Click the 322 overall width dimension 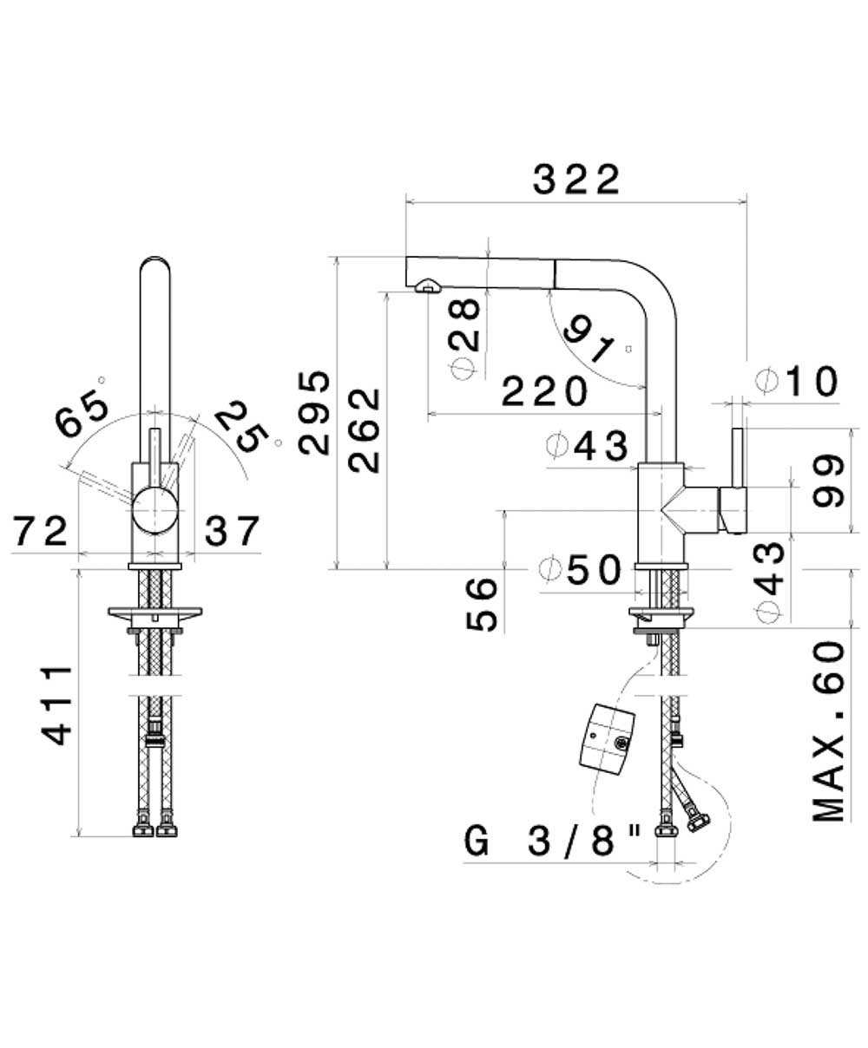pyautogui.click(x=576, y=180)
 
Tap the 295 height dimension pyautogui.click(x=314, y=413)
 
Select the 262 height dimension pyautogui.click(x=365, y=430)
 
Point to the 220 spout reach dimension pyautogui.click(x=544, y=391)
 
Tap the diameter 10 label pyautogui.click(x=797, y=381)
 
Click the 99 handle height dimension pyautogui.click(x=829, y=481)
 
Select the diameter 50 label pyautogui.click(x=580, y=570)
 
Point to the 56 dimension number pyautogui.click(x=482, y=605)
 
